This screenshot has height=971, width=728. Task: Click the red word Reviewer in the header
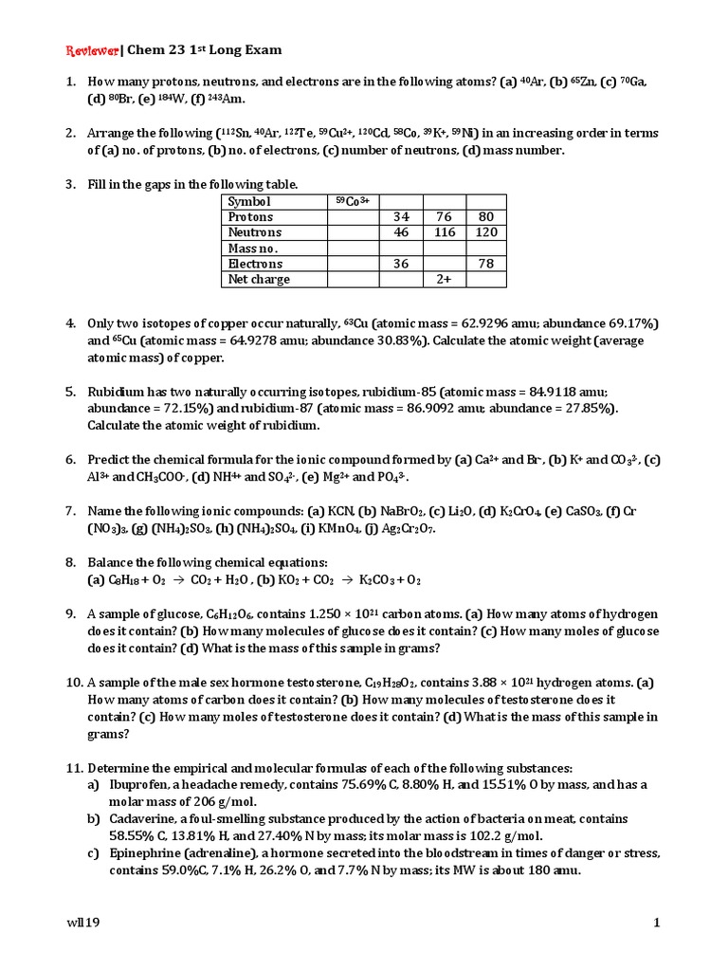[92, 48]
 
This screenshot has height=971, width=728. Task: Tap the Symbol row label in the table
[249, 201]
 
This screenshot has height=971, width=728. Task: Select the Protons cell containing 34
[401, 217]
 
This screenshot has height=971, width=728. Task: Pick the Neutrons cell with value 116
[444, 232]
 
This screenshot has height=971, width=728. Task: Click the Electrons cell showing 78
[485, 264]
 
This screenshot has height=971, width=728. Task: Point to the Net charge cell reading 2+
[444, 280]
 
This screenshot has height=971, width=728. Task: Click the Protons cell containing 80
[485, 217]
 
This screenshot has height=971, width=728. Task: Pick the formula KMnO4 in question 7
[317, 528]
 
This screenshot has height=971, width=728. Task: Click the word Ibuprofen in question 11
[120, 784]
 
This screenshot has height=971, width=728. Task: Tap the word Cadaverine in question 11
[123, 818]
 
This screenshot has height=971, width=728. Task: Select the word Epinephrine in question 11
[126, 852]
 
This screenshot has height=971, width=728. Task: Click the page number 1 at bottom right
[655, 923]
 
